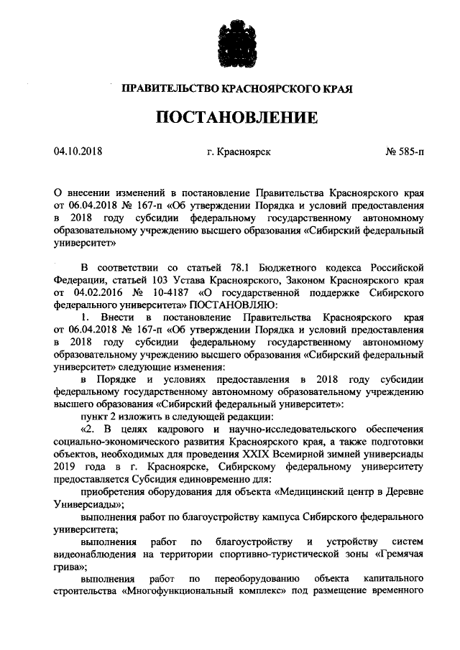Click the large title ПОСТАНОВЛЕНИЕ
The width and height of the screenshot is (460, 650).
click(229, 116)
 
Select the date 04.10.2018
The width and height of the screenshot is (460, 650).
click(78, 152)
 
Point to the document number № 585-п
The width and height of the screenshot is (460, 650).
click(405, 152)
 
